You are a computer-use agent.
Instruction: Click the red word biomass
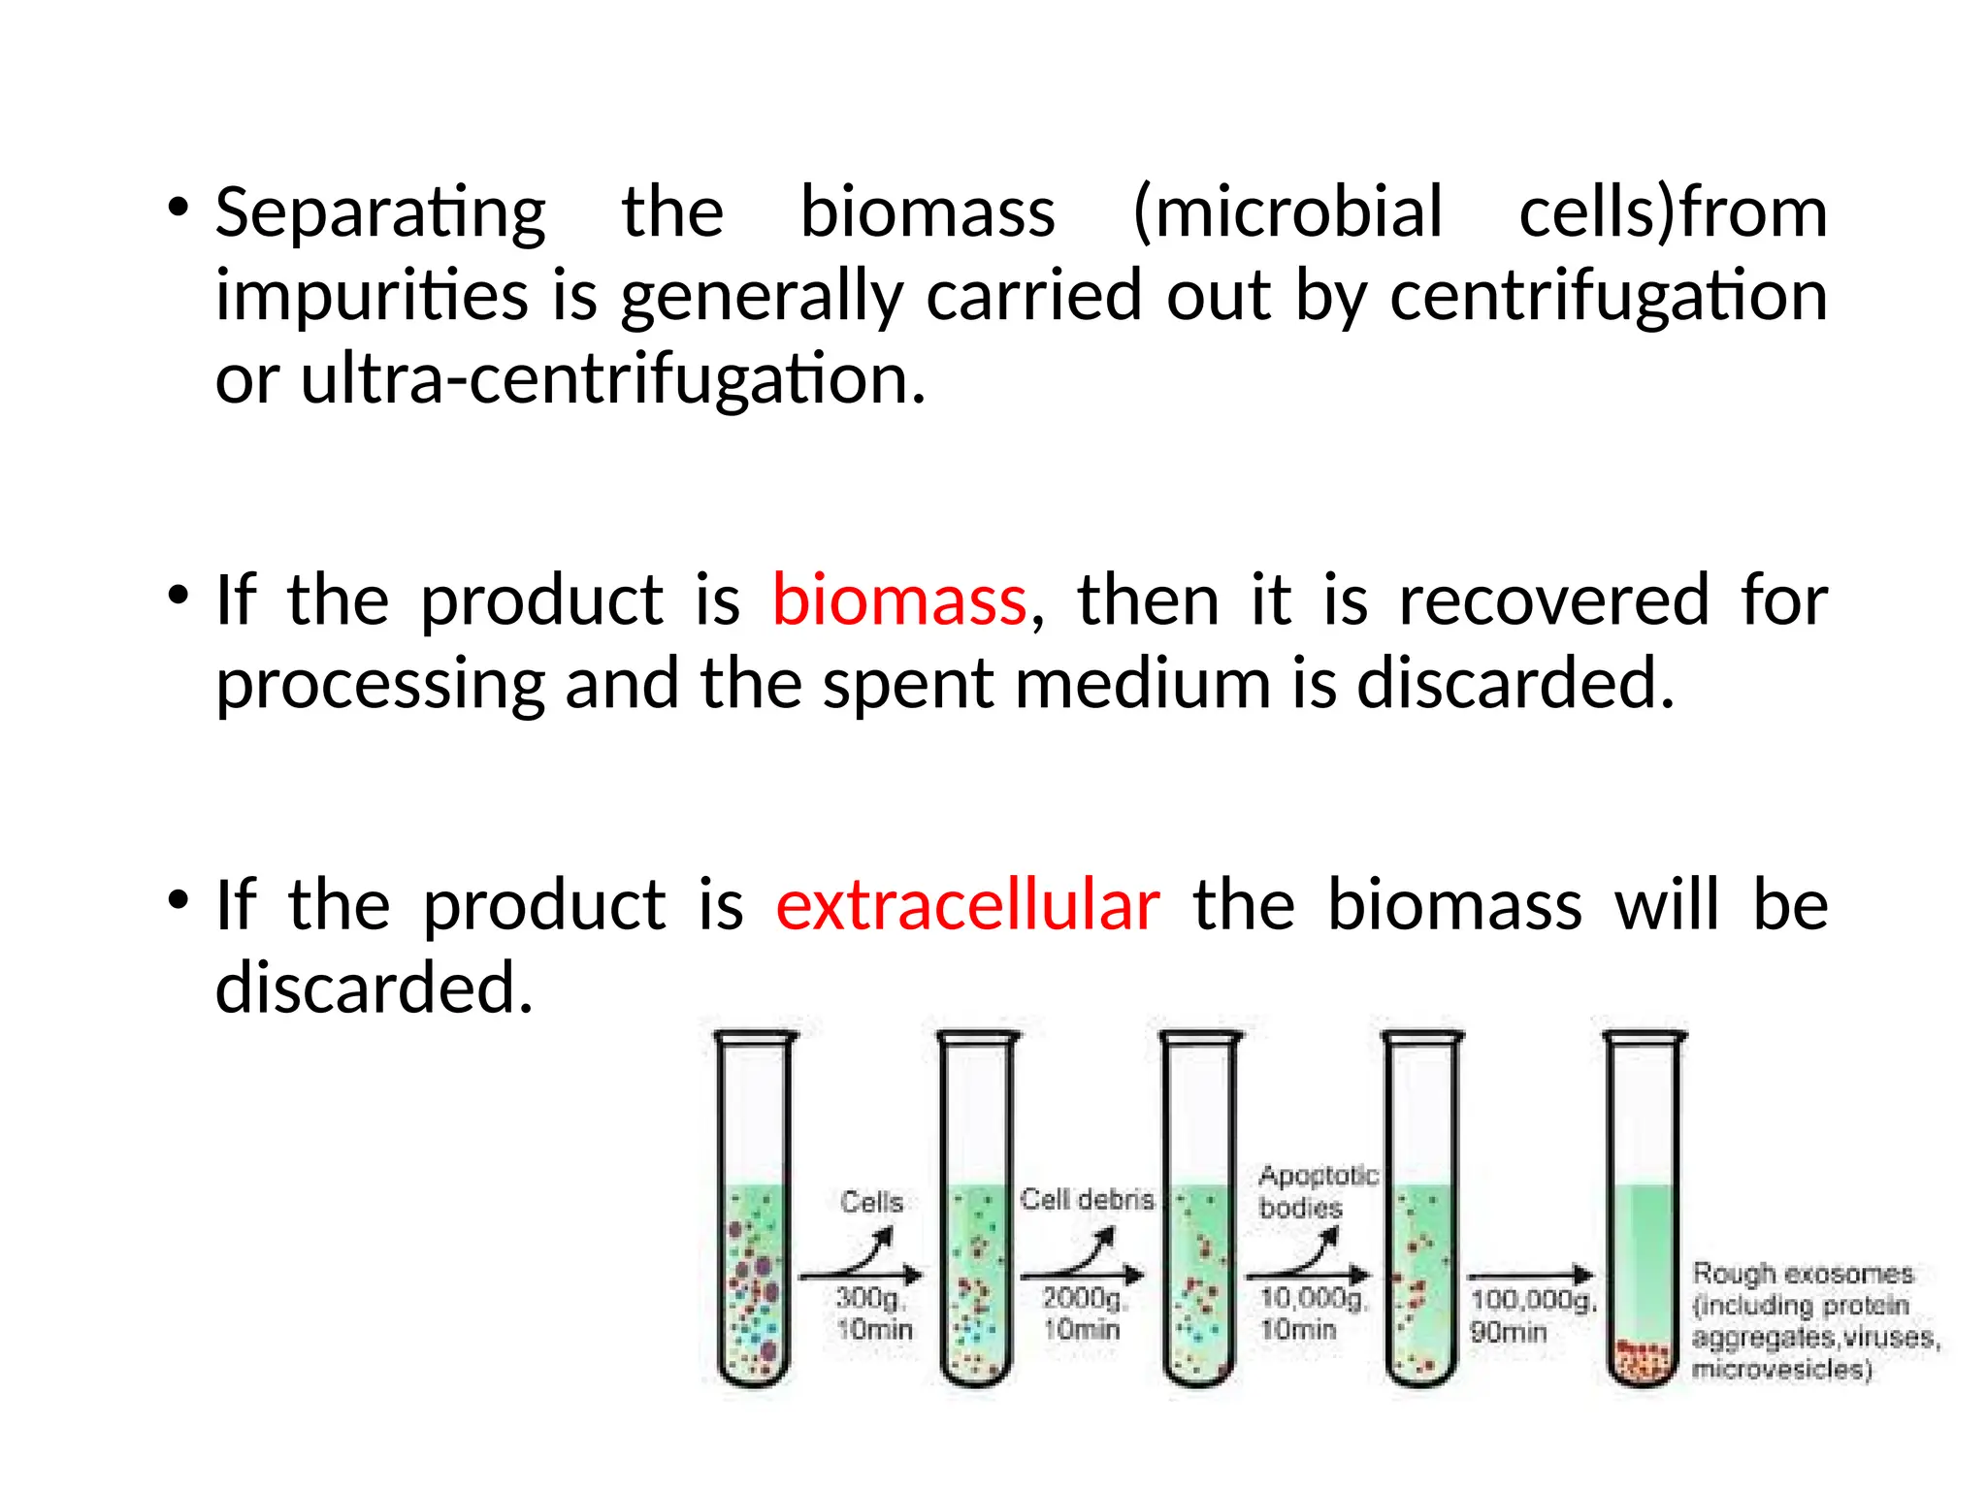(898, 600)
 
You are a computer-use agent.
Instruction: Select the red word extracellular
(967, 905)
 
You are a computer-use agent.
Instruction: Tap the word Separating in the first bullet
(380, 213)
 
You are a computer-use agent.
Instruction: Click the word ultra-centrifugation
(613, 379)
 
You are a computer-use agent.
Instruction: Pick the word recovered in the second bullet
(1553, 600)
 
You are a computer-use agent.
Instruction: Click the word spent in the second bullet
(908, 685)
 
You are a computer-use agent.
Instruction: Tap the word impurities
(372, 296)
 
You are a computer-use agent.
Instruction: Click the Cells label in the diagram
(871, 1202)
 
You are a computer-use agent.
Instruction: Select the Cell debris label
(1087, 1200)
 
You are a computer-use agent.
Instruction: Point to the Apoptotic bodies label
(1317, 1191)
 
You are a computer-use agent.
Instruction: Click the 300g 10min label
(873, 1313)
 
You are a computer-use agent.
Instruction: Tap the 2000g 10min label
(1083, 1313)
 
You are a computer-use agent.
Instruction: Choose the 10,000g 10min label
(1312, 1313)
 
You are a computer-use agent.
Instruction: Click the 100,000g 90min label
(1531, 1315)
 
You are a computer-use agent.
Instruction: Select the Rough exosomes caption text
(1814, 1321)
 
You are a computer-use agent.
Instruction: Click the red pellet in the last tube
(1644, 1360)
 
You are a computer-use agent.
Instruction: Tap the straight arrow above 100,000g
(1530, 1276)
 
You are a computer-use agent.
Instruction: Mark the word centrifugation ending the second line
(1609, 296)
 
